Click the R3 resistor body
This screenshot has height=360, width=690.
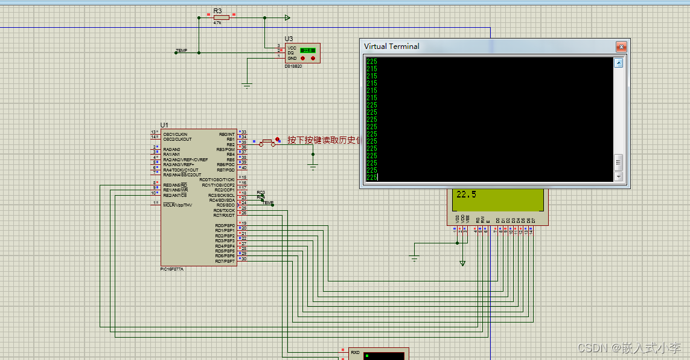click(x=221, y=18)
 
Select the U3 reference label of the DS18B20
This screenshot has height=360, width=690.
click(x=289, y=39)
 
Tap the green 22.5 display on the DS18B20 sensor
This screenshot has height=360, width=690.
click(x=308, y=51)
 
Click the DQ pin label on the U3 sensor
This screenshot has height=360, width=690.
click(x=290, y=53)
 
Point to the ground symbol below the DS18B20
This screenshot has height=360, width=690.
click(x=247, y=85)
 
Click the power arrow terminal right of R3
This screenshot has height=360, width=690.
click(x=287, y=18)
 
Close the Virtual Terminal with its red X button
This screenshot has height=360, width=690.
click(x=621, y=47)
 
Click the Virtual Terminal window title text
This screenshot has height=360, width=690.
click(x=391, y=47)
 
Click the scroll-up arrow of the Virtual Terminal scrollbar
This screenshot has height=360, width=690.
click(x=618, y=63)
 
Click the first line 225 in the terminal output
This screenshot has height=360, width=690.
click(x=372, y=62)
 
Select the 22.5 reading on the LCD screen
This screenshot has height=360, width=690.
click(x=466, y=194)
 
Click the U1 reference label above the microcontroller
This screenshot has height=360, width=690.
click(x=164, y=125)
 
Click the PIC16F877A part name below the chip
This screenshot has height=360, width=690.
click(x=172, y=269)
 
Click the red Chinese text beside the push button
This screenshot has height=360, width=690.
click(x=323, y=140)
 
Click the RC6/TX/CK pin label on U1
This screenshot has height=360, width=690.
click(x=226, y=210)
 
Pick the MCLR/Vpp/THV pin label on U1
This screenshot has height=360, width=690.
click(x=177, y=205)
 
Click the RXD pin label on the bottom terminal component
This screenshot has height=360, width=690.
click(x=355, y=352)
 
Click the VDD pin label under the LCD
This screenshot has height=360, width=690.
click(x=462, y=219)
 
